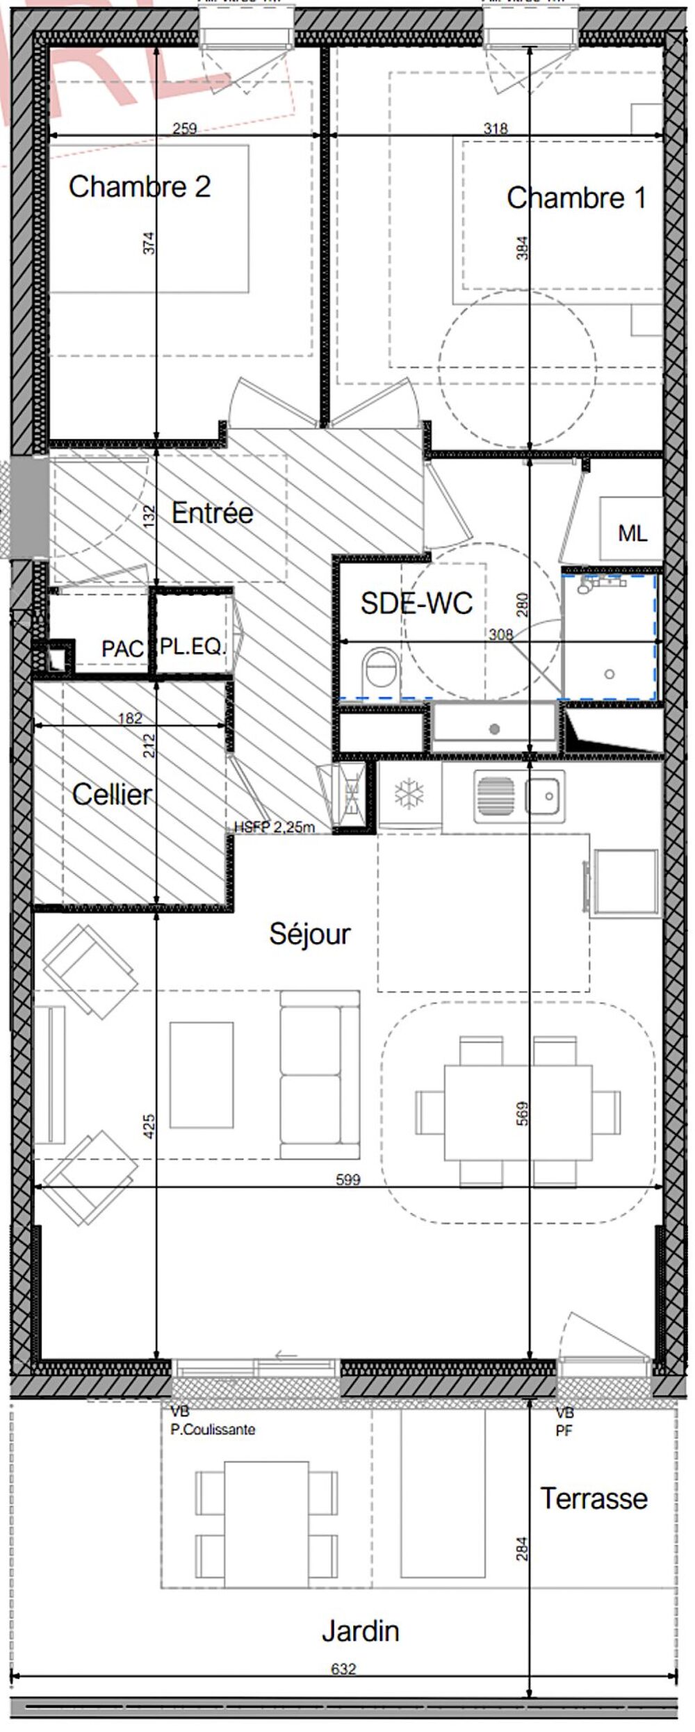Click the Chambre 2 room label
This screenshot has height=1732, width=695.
point(139,186)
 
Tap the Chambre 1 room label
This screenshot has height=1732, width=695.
point(576,198)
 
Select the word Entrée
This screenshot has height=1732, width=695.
point(212,513)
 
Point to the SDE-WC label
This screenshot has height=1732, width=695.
point(416,603)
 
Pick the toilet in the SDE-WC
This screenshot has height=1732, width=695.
point(380,671)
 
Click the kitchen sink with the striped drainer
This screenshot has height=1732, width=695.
point(519,794)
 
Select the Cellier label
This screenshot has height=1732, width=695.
point(112,794)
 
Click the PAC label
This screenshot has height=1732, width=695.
point(122,649)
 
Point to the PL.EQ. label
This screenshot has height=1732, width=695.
point(193,647)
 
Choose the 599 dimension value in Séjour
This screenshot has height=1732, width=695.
point(347,1179)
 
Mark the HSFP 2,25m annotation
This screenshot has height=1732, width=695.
point(275,827)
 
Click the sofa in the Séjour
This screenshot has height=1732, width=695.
point(320,1075)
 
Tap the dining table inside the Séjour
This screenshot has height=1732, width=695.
point(518,1112)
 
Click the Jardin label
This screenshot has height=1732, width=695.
point(360,1631)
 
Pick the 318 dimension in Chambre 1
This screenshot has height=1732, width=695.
point(495,128)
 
